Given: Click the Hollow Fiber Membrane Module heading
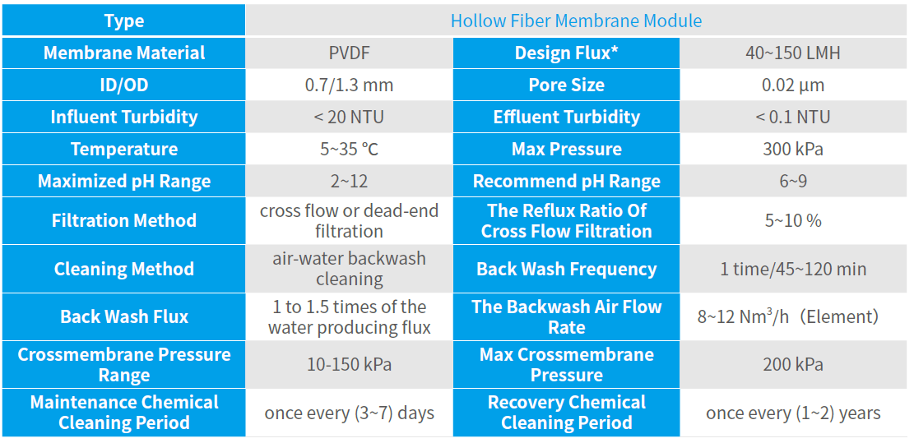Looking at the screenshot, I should [576, 21].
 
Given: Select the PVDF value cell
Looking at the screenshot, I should [349, 53].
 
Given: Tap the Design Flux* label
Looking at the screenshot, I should [566, 53].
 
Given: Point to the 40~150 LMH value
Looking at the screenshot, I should [792, 53].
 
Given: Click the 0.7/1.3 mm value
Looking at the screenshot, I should [349, 85].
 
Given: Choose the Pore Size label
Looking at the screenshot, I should [566, 85].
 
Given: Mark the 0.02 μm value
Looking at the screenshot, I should [792, 85].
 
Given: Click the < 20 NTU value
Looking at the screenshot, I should [349, 118].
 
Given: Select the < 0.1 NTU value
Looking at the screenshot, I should [792, 118].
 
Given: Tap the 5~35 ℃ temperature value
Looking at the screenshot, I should [349, 150].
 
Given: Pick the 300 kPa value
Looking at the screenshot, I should [792, 150].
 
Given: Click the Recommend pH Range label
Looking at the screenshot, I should [566, 182].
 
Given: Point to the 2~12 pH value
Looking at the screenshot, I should [349, 182].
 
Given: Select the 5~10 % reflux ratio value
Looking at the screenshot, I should [792, 221].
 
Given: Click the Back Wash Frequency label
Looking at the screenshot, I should [566, 270].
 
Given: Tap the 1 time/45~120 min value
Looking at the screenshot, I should [792, 270].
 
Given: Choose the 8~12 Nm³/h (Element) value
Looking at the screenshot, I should [788, 316].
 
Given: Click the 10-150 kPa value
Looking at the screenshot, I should [349, 365].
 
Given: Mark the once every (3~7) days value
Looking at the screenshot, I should [349, 413].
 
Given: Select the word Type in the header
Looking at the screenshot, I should [124, 21].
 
